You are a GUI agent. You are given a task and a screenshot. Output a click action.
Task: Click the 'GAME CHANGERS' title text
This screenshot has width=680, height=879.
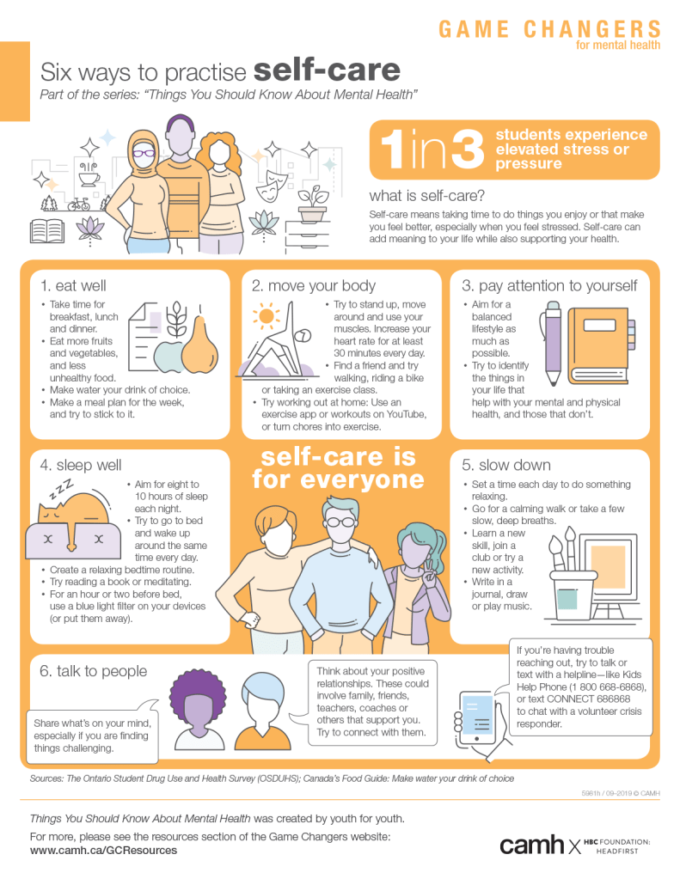pos(549,29)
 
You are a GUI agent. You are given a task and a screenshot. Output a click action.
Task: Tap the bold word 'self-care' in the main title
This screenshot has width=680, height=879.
pos(327,70)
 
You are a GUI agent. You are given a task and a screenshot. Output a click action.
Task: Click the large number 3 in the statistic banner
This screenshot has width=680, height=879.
pos(467,150)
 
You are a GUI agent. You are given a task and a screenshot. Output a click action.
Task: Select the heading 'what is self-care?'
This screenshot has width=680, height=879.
pos(427,196)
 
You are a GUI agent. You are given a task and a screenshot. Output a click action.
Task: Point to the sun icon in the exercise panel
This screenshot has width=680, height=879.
pos(266,316)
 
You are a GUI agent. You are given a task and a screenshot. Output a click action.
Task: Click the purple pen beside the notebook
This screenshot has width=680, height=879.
pos(553,343)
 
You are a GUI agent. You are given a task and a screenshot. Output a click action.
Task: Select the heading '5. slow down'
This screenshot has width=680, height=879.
pos(506,466)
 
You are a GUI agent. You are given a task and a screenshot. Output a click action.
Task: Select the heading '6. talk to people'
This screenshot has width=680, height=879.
pos(93,671)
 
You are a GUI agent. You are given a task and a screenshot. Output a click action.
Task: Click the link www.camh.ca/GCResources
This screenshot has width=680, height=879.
pos(103,851)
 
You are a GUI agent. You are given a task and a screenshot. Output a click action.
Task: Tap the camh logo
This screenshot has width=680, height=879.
pos(532,845)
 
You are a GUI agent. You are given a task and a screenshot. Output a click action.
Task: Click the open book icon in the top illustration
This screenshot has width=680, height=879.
pos(47,231)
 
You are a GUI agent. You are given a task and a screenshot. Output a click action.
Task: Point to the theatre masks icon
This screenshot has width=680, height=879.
pos(272,186)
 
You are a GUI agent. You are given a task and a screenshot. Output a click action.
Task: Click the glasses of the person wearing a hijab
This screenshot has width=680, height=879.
pos(144,152)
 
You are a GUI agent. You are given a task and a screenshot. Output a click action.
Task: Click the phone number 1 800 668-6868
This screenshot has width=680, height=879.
pos(607,687)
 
